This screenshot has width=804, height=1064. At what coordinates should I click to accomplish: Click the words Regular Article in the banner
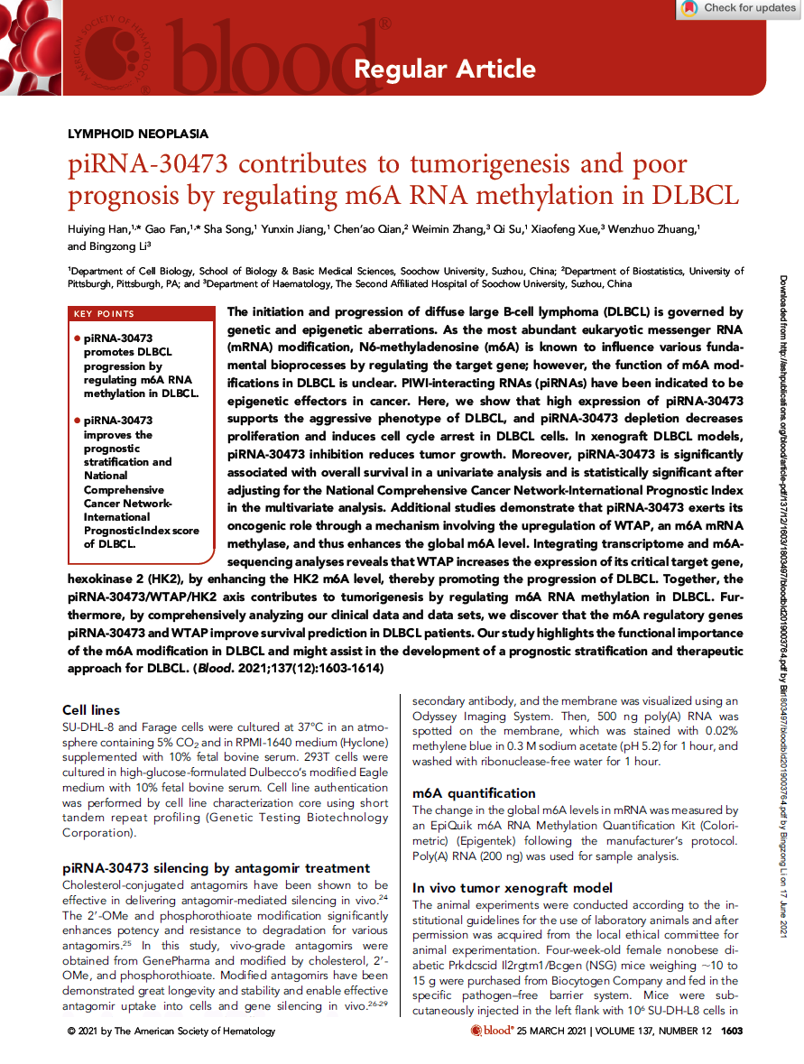click(444, 69)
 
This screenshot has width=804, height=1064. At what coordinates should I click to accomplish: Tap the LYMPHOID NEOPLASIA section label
click(138, 134)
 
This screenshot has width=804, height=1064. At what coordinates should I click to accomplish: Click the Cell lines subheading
click(91, 711)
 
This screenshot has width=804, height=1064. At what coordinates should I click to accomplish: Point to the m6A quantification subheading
click(474, 793)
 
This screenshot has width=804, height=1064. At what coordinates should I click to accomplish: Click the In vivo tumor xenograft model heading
click(512, 888)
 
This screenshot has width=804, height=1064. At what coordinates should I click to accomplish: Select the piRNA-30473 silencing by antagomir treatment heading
click(216, 868)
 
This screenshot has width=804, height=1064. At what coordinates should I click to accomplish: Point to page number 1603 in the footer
click(732, 1031)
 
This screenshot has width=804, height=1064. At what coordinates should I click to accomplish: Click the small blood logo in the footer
click(492, 1031)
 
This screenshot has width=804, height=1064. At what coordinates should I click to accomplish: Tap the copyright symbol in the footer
click(72, 1031)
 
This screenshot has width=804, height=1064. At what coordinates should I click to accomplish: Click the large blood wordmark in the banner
click(271, 59)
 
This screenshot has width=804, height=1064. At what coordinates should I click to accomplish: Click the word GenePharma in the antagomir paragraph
click(158, 961)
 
